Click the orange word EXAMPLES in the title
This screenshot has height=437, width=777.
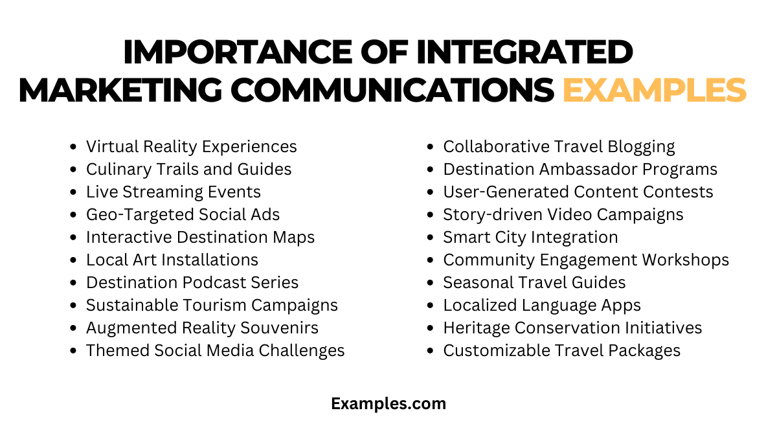click(654, 90)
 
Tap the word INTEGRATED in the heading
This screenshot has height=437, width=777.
click(524, 52)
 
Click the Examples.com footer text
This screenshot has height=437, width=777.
click(388, 404)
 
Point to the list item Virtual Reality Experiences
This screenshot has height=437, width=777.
click(191, 147)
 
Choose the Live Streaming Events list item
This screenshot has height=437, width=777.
click(173, 192)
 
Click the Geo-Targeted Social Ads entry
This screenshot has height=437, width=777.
click(183, 215)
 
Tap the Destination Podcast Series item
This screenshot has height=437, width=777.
click(192, 283)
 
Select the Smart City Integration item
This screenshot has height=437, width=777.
click(530, 238)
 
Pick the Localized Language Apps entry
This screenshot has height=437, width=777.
click(541, 306)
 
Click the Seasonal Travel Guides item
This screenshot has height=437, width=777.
click(534, 283)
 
